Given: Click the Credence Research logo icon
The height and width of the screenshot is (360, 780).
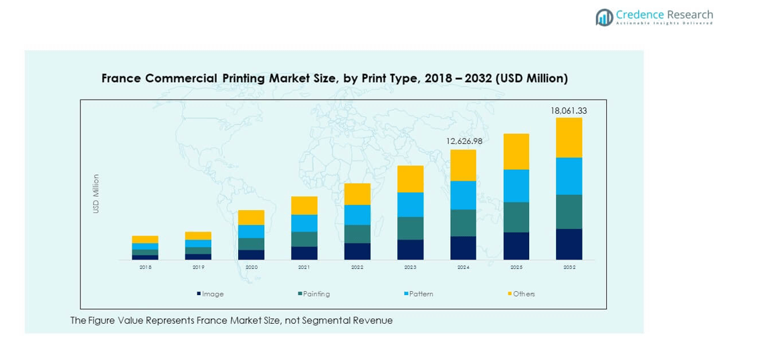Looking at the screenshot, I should [x=605, y=17].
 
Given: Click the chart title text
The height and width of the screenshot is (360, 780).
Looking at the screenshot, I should [x=334, y=78].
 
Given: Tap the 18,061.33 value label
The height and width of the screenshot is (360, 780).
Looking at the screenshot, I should [x=569, y=110].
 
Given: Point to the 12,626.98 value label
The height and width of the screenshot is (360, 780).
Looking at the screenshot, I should [x=463, y=141].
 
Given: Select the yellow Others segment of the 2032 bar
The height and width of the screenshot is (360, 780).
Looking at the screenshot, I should [x=569, y=137].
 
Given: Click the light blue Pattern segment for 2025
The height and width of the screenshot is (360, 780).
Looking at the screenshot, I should [x=516, y=185].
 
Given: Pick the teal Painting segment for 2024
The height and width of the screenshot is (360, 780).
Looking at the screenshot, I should [x=463, y=223].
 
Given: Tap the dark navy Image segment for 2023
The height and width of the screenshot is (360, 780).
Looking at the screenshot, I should [x=410, y=250].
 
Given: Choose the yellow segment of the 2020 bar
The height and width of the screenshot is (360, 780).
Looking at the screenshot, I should [x=251, y=217].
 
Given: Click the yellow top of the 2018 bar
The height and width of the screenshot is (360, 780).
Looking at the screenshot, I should [x=145, y=240].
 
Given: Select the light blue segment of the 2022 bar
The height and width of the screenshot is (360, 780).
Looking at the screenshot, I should [x=357, y=215].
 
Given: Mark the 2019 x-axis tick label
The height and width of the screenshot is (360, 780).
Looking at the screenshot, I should [x=198, y=267].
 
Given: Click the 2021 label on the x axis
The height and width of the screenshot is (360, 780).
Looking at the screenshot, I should [x=304, y=267].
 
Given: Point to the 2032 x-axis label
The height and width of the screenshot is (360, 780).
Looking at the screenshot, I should [x=569, y=267].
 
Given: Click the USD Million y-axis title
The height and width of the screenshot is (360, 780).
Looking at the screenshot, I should [x=96, y=194].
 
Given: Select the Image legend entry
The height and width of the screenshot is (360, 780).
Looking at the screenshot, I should [x=211, y=294].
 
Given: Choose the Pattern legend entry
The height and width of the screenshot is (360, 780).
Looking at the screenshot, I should [x=419, y=294].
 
